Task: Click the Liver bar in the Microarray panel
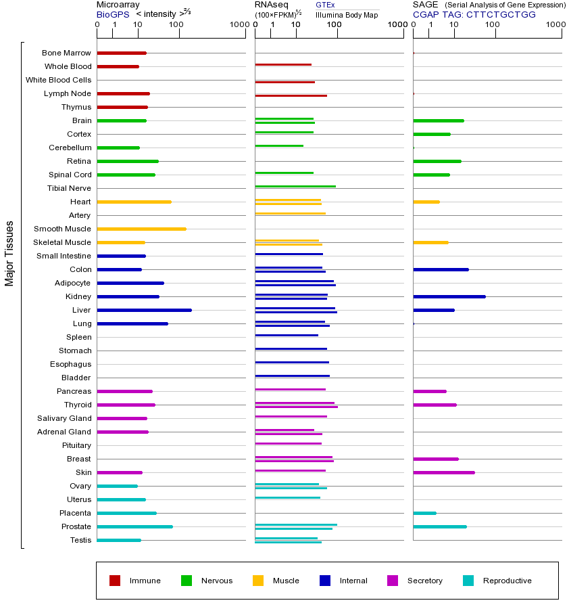coord(144,310)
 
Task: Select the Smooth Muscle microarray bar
coord(141,229)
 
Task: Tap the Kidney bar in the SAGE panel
coord(449,296)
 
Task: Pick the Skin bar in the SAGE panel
coord(443,472)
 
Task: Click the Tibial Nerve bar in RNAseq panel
coord(295,186)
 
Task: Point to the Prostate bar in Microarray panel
coord(134,526)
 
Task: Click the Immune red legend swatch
coord(115,581)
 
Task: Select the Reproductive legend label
coord(507,581)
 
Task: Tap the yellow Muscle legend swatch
coord(258,581)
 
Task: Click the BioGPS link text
coord(112,14)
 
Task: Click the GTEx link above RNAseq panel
coord(325,5)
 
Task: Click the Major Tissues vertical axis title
coord(9,253)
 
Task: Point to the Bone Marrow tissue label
coord(66,53)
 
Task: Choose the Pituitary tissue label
coord(76,445)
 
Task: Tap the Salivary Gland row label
coord(64,418)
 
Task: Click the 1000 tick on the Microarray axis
coord(238,26)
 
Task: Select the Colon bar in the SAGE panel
coord(441,269)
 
